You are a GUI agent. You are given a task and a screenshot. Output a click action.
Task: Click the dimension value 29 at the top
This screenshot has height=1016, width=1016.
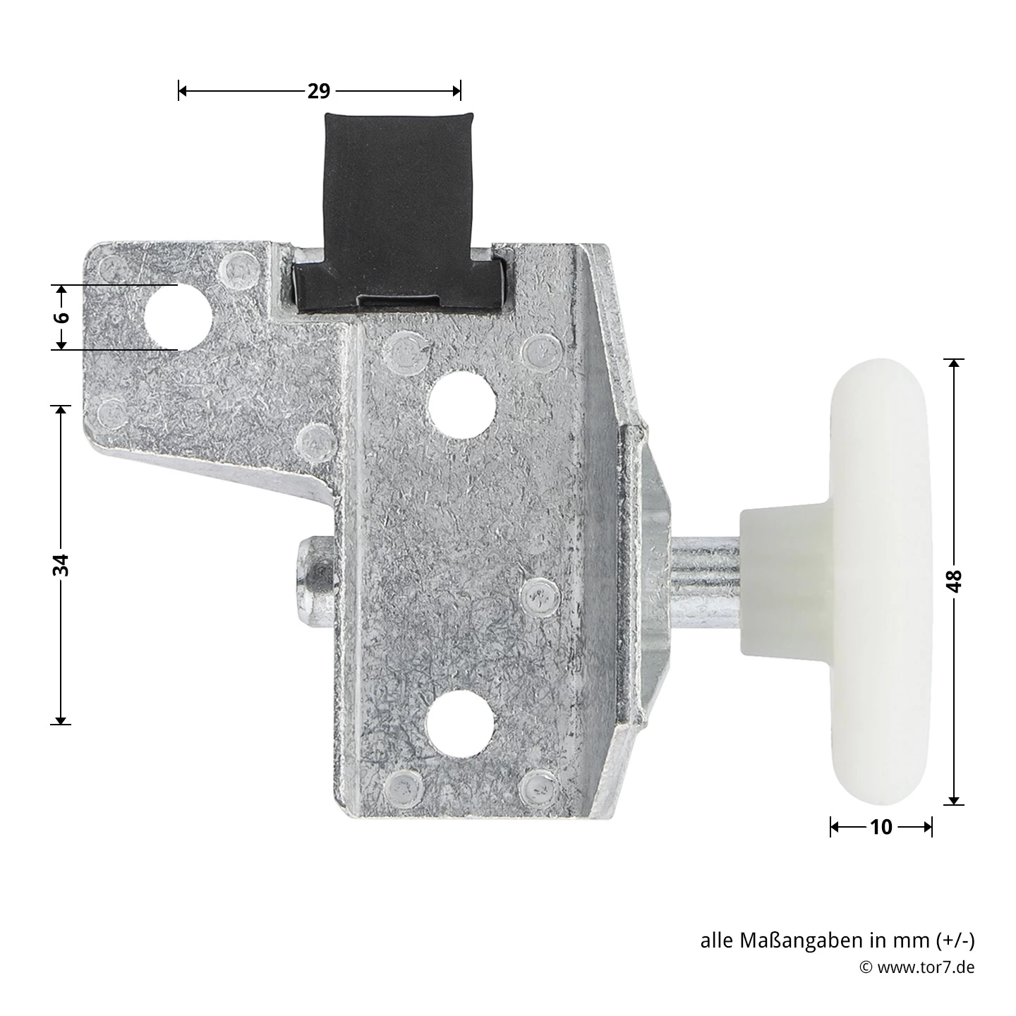[x=319, y=91]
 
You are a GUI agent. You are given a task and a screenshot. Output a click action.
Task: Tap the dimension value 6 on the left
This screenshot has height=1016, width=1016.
[x=62, y=317]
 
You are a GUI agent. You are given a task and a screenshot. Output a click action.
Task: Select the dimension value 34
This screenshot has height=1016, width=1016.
[x=62, y=565]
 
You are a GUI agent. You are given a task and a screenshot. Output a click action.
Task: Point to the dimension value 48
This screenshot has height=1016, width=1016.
[x=955, y=581]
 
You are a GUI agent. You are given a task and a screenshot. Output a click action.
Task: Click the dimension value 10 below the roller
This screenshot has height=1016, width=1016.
[x=881, y=827]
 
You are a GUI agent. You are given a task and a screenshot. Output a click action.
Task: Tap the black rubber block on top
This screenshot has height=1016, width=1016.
[x=397, y=190]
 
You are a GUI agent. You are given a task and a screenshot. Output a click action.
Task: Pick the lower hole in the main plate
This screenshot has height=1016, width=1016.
[x=461, y=721]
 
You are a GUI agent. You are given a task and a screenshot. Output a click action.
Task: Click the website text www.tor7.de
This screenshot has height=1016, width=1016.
[x=926, y=967]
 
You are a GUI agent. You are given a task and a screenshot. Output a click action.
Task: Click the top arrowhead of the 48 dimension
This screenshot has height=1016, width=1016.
[x=954, y=363]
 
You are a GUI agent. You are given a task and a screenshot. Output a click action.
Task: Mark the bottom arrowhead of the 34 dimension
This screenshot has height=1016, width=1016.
[x=61, y=720]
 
